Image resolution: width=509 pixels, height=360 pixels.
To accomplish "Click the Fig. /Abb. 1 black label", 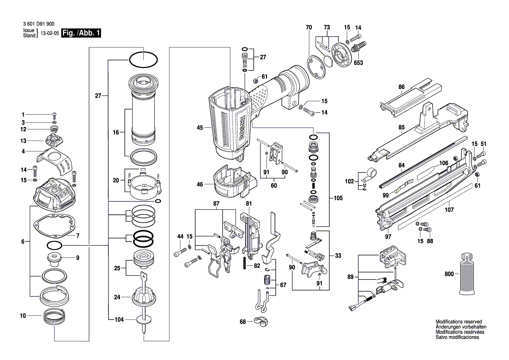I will click(x=81, y=33).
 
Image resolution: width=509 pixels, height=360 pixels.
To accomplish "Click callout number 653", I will click(x=358, y=63).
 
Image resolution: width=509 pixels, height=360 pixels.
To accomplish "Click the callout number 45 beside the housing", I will click(x=200, y=128).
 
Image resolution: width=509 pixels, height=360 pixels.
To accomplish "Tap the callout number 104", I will click(x=119, y=319).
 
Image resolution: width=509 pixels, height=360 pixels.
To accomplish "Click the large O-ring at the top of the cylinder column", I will click(x=143, y=60).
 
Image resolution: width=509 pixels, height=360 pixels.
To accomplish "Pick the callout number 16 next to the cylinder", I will click(x=116, y=132).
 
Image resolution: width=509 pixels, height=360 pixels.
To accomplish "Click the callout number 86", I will click(x=401, y=87).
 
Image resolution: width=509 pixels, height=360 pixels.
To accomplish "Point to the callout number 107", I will click(x=449, y=210).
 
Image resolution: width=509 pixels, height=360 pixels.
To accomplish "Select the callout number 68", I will click(x=243, y=322).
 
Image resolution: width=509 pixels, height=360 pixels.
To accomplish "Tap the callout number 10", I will click(x=23, y=315).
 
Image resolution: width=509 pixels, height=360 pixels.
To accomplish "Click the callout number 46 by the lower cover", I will click(x=200, y=184).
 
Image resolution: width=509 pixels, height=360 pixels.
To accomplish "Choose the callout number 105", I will click(x=338, y=198).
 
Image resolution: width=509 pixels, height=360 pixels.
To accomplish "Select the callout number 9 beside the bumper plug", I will click(x=78, y=258).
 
